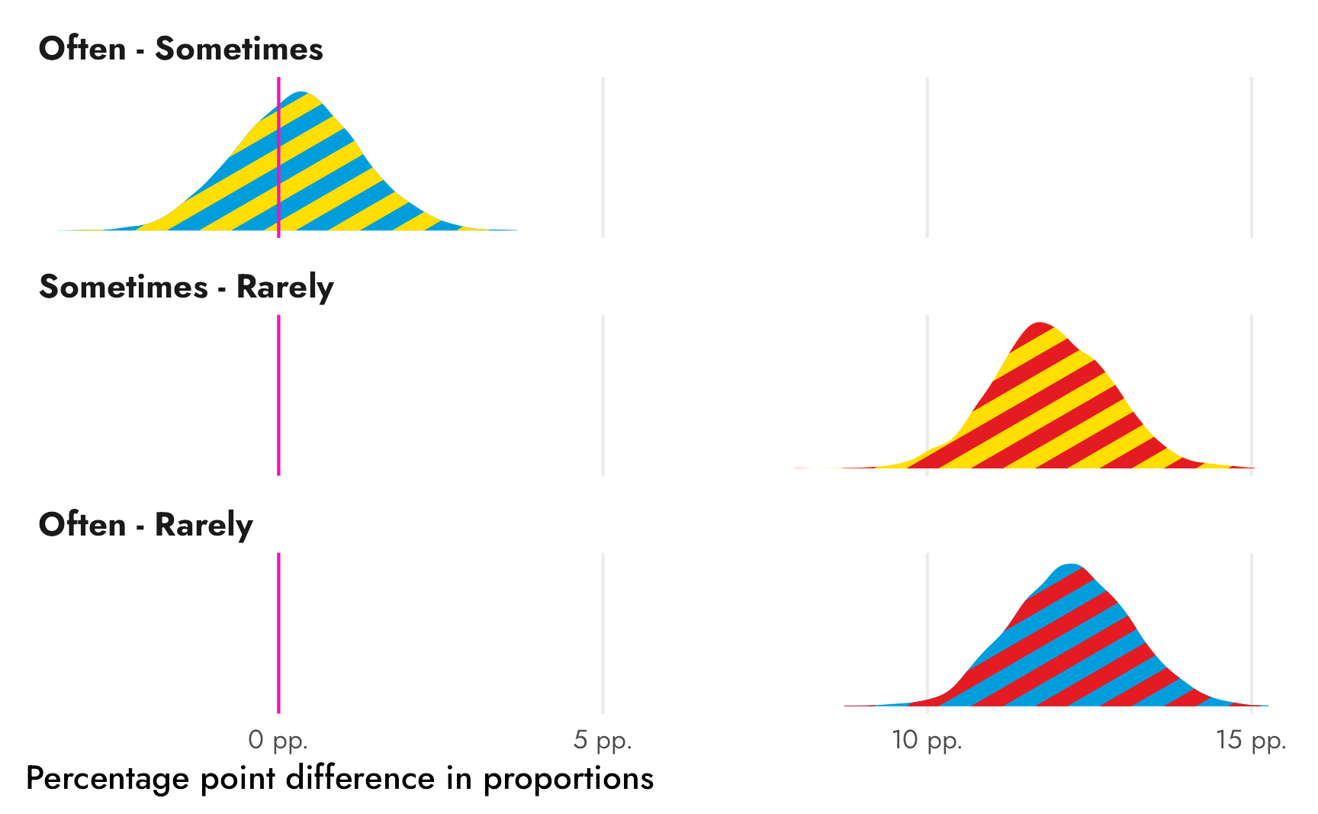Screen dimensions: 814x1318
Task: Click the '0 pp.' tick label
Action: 278,740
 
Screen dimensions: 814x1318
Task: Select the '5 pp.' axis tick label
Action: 603,740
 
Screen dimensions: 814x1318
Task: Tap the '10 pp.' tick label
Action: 927,740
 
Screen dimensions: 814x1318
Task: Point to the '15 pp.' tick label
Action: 1251,740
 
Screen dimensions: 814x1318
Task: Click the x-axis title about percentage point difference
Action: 339,779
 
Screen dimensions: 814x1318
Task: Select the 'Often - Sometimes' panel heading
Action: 181,50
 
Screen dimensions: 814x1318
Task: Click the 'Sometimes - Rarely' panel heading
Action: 186,288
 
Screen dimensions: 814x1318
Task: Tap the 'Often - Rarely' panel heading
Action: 146,526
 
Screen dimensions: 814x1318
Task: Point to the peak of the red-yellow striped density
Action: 1040,323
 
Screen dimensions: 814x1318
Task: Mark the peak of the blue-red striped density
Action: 1072,565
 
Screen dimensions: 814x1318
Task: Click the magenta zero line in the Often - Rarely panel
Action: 278,633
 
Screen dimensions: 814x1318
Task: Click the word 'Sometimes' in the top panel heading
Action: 239,50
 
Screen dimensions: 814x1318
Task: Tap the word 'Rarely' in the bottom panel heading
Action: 204,526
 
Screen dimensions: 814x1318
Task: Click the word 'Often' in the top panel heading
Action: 82,50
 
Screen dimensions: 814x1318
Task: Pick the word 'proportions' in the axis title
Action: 568,779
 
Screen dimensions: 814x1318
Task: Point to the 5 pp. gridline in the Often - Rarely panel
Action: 603,633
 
